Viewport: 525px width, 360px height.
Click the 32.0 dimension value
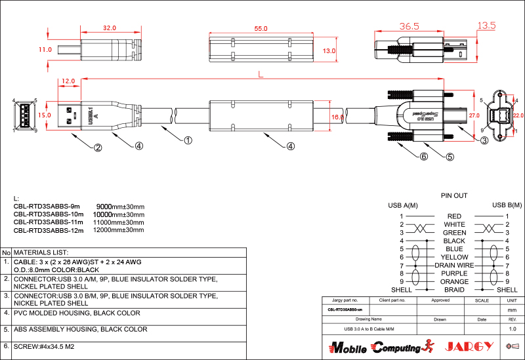click(x=110, y=28)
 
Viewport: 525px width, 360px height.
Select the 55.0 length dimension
click(x=261, y=29)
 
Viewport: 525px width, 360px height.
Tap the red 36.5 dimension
click(x=409, y=26)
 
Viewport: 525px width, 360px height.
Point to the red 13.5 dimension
click(x=486, y=26)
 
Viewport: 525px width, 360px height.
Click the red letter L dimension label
click(x=261, y=75)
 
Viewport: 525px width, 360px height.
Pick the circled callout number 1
click(x=188, y=140)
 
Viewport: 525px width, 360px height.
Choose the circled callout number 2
click(x=98, y=147)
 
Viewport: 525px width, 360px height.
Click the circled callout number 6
click(x=424, y=157)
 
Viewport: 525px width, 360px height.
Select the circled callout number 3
click(x=484, y=140)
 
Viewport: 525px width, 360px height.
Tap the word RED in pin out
click(x=454, y=216)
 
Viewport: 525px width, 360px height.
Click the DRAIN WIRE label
click(x=454, y=266)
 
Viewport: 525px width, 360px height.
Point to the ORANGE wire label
click(x=454, y=282)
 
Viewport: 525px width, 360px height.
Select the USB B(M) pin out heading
click(x=507, y=205)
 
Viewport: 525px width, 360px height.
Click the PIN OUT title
click(x=453, y=195)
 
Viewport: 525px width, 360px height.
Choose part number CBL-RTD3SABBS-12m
click(x=49, y=230)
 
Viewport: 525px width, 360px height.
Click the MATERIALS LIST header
click(x=41, y=252)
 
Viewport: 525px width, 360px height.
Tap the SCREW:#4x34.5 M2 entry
click(x=45, y=346)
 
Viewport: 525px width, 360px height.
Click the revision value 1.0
click(x=513, y=329)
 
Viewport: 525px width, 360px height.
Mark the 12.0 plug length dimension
click(x=68, y=82)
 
